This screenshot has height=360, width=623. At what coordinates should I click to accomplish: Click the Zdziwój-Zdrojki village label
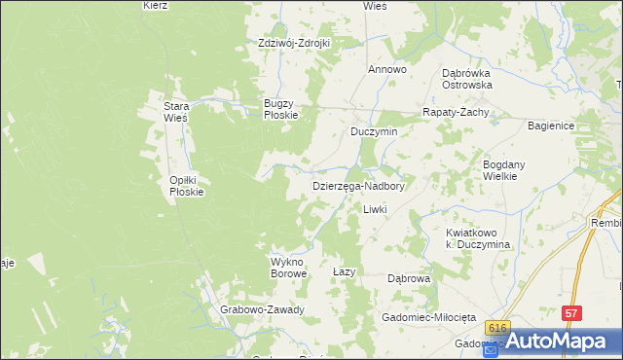[294, 43]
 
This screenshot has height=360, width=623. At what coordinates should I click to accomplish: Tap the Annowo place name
[386, 70]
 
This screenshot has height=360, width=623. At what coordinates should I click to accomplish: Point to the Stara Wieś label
[175, 112]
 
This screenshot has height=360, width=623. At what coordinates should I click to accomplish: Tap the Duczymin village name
[375, 130]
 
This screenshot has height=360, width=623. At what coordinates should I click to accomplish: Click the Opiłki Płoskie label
[186, 186]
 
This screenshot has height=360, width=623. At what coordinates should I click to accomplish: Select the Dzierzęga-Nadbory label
[357, 185]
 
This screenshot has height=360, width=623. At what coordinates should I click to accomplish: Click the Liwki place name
[375, 209]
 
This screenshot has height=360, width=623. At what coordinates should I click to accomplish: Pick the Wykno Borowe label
[288, 268]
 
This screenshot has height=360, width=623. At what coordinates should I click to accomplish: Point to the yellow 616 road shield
[498, 329]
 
